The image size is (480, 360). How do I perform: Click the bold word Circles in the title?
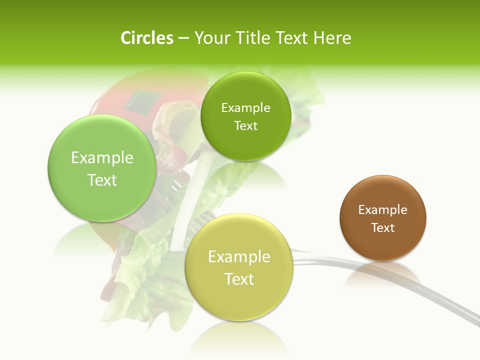click(x=147, y=38)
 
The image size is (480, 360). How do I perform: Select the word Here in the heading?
click(x=332, y=38)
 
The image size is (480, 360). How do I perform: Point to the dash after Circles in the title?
click(x=183, y=38)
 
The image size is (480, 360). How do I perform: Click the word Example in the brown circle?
click(x=383, y=210)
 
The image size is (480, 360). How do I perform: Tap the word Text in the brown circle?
click(x=383, y=228)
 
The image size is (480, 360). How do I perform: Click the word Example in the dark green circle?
click(x=245, y=107)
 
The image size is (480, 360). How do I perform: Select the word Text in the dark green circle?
click(x=245, y=125)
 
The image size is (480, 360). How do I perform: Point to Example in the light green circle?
click(x=102, y=158)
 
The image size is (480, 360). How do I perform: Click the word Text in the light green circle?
click(x=102, y=180)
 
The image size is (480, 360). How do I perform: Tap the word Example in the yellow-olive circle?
click(x=239, y=257)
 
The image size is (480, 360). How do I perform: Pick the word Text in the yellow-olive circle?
click(x=239, y=279)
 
